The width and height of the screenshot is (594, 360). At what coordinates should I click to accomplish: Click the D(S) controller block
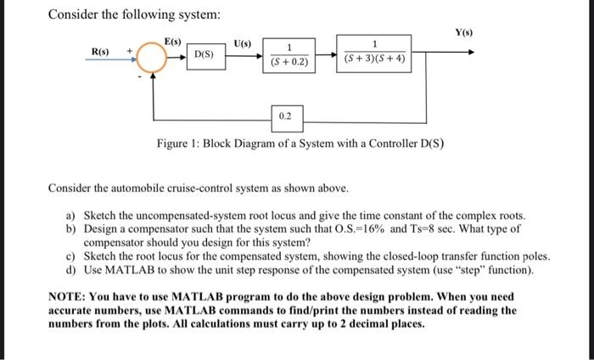click(x=205, y=55)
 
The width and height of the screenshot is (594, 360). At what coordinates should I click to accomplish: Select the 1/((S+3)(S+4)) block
click(x=375, y=53)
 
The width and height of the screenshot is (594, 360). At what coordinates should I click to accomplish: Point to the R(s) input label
click(x=101, y=53)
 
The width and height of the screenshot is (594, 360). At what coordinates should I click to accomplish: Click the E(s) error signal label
click(x=173, y=40)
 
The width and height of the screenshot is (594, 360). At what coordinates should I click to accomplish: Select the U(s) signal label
click(x=242, y=40)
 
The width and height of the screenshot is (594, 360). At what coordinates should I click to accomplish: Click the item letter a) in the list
click(x=70, y=216)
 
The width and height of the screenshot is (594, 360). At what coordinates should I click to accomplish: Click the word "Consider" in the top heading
click(x=72, y=15)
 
